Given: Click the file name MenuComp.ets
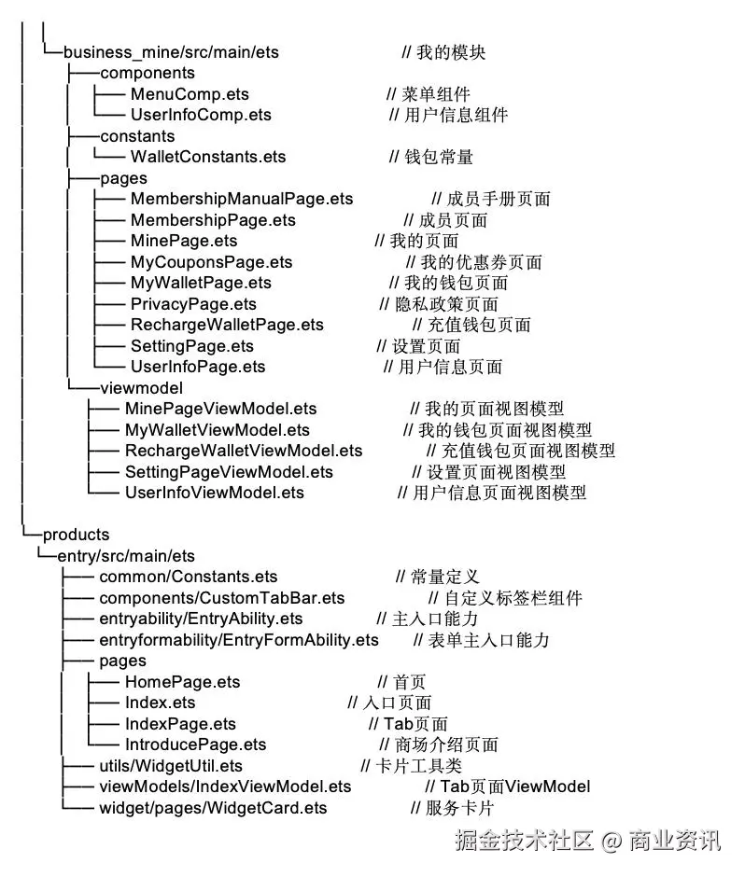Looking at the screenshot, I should coord(190,94).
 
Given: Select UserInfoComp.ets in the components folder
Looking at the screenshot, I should coord(201,115).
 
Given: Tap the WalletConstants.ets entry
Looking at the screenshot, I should coord(208,157).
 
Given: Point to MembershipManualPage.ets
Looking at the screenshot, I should coord(242,199).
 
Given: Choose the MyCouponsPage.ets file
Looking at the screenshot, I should coord(211,262).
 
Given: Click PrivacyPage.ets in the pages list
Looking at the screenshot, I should coord(193,304).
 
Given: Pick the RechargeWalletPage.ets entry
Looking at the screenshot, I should coord(227,325).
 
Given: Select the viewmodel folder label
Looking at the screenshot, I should coord(141,387).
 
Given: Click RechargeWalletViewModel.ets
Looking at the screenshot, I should coord(244,451).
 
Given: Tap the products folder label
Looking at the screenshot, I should coord(76,535).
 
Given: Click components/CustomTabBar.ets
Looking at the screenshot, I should coord(221,598).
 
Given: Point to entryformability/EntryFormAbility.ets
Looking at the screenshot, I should coord(239,640).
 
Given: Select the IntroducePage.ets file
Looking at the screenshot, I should coord(195,745).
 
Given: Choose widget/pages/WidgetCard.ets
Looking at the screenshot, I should coord(213,808).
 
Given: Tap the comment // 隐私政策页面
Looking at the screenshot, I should coord(439,304).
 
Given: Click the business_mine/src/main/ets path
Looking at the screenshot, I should coord(171,52).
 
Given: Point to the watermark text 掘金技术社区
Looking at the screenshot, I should coord(525,842).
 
